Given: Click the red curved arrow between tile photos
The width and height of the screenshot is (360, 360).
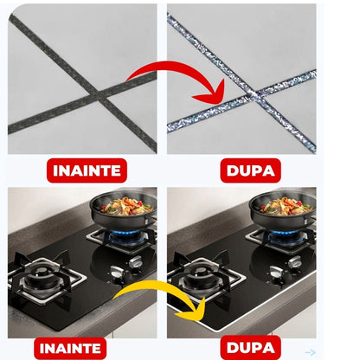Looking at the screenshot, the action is point(184,67).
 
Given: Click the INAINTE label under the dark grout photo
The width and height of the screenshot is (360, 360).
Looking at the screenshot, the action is point(87,170).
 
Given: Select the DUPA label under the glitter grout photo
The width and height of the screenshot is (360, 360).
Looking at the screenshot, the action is point(250,170).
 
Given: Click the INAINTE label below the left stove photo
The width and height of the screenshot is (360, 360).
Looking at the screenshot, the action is point(70,348).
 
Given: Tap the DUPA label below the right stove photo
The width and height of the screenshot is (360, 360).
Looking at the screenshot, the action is point(250,348).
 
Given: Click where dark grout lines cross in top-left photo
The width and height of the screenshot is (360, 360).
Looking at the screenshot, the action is point(98,93).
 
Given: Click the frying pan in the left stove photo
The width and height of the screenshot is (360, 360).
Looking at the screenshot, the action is point(124,209).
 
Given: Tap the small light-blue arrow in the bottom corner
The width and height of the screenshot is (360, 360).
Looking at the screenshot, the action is point(311,352).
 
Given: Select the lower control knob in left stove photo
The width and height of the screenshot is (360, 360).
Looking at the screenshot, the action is point(117,272).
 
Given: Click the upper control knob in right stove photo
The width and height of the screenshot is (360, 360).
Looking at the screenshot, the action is point(295,262).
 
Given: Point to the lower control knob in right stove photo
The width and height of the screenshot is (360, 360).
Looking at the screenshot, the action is point(276,272).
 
